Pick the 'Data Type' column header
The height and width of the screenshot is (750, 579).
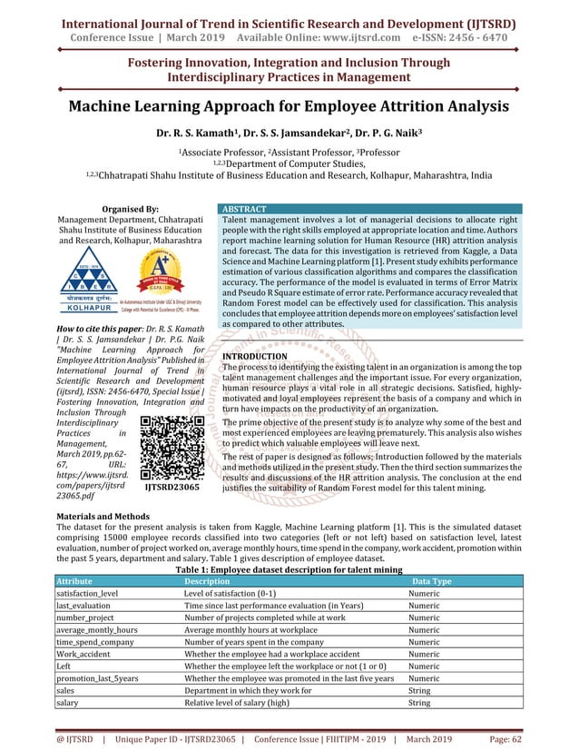point(432,581)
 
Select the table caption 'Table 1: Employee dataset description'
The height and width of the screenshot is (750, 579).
point(290,568)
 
